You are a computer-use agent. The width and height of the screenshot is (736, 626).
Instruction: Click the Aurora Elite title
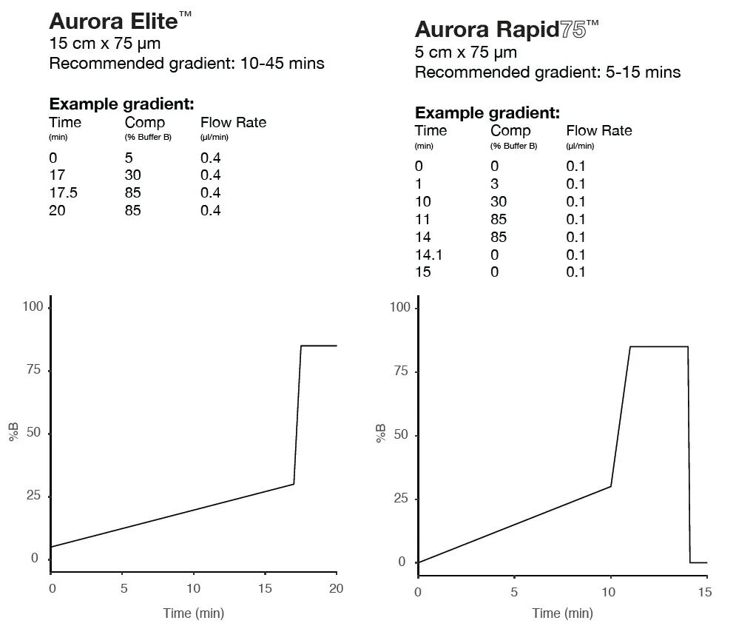click(x=120, y=21)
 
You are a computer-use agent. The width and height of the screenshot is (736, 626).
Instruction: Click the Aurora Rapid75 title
click(x=507, y=30)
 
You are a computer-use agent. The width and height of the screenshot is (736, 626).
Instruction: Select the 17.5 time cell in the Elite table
click(x=64, y=192)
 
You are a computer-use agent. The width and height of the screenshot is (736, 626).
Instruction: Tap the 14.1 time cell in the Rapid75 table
click(x=428, y=255)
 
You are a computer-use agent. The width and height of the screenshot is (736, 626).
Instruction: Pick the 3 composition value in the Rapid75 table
click(x=494, y=184)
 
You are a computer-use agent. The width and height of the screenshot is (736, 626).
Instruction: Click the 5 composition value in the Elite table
click(x=129, y=158)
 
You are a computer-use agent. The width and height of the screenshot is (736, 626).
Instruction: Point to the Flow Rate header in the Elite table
click(x=233, y=123)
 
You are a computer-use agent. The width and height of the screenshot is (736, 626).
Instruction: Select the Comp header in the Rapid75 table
click(x=510, y=130)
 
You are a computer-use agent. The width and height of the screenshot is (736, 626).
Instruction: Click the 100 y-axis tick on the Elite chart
click(x=33, y=306)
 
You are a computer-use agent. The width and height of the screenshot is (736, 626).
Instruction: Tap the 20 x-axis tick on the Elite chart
click(x=336, y=588)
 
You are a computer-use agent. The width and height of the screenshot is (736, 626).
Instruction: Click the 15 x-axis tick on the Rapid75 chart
click(x=705, y=592)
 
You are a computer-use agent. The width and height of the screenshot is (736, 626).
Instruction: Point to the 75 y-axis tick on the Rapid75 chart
click(x=401, y=371)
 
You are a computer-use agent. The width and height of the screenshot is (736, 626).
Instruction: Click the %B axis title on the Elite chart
click(x=13, y=432)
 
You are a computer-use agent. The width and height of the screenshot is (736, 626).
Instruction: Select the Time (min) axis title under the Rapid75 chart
click(x=562, y=613)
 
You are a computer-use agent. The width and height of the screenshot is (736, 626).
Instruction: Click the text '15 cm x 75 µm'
click(x=105, y=43)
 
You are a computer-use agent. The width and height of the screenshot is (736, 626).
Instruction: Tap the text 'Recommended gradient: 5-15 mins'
click(x=548, y=73)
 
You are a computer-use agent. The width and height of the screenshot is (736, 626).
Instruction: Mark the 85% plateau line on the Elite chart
click(x=319, y=346)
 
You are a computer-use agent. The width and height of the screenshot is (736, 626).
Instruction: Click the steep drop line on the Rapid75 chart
click(x=689, y=454)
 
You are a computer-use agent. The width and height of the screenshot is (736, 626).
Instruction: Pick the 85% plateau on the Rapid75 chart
click(x=659, y=346)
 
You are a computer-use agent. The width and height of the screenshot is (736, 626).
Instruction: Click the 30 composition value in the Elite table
click(x=133, y=175)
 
